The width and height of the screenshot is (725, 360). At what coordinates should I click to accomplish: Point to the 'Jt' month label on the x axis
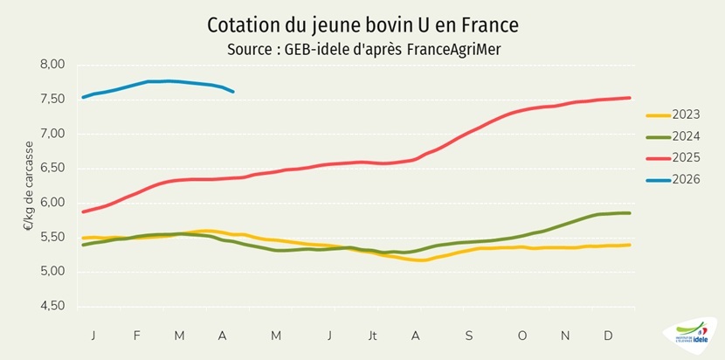coord(373,336)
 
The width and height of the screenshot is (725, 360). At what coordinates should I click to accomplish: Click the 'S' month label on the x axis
coord(468,336)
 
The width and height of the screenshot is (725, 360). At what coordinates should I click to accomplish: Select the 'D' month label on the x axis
coord(608,336)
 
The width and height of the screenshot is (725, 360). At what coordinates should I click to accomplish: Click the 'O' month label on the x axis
coord(521,336)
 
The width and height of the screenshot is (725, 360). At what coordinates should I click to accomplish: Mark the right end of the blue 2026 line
coord(232,92)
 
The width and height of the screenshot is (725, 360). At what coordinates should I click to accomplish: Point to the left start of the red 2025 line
coord(83,211)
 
